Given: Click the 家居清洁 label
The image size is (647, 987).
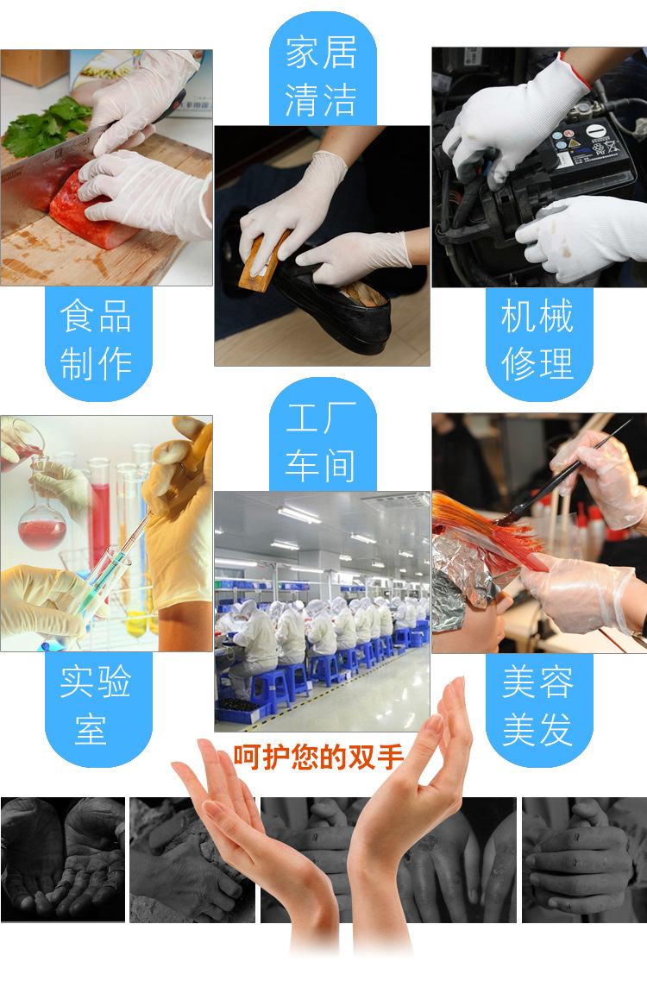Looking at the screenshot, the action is (322, 76).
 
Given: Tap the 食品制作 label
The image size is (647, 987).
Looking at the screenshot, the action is (97, 340).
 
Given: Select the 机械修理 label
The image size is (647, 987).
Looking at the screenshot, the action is (537, 339).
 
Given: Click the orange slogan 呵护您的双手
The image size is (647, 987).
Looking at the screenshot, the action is (318, 757).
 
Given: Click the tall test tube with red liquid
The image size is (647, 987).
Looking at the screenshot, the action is (99, 516).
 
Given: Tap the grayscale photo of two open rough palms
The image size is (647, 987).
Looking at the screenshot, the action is (63, 859).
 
